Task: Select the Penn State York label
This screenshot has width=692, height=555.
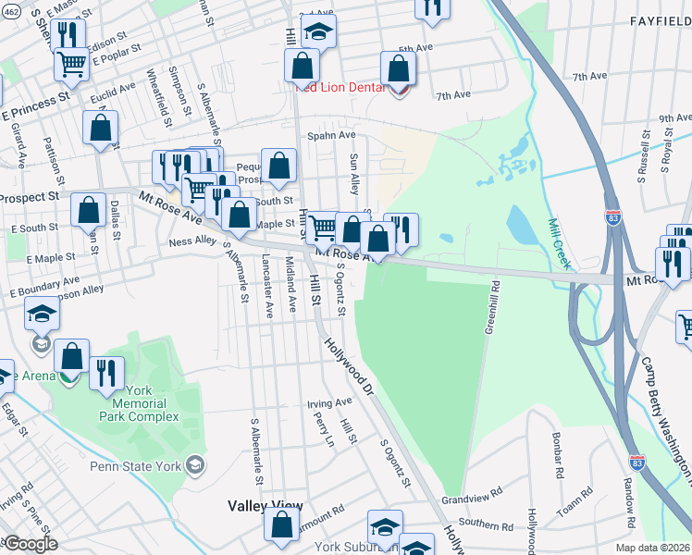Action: tap(138, 465)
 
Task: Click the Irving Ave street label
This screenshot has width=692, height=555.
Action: tap(330, 403)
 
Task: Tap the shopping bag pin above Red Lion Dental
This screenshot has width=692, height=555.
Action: tap(398, 68)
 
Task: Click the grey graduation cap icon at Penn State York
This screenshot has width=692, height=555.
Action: tap(194, 464)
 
